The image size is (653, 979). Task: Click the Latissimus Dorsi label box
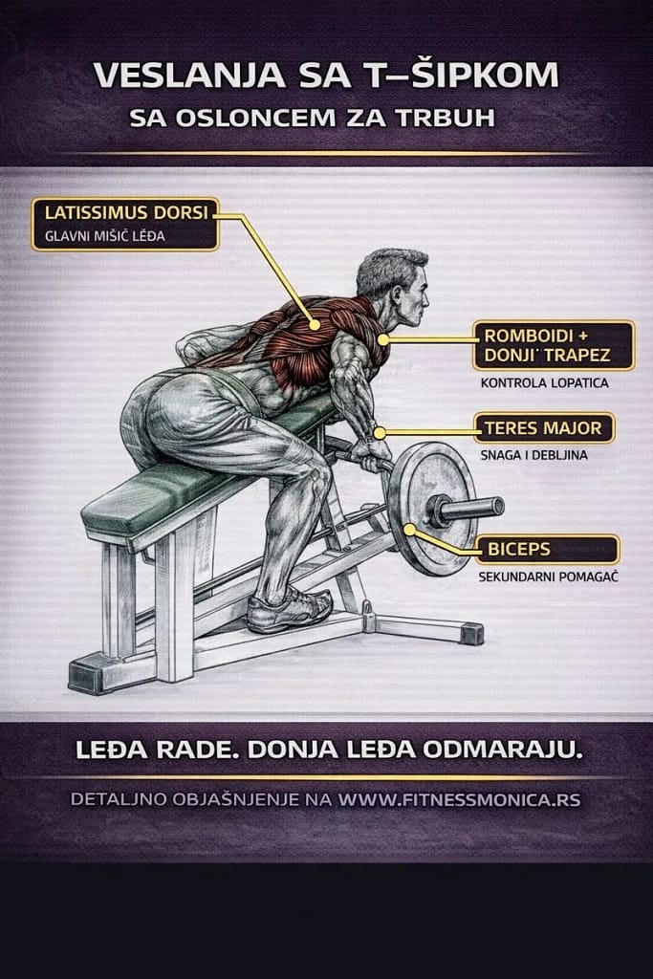click(x=125, y=224)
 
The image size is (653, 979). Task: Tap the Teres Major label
click(x=544, y=428)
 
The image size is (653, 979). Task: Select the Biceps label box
click(x=547, y=550)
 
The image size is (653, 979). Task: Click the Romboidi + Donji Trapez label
click(x=554, y=345)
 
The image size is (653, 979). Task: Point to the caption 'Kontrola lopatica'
click(x=544, y=382)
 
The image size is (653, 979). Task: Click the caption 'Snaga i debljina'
click(x=533, y=455)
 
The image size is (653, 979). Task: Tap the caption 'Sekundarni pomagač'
click(x=548, y=577)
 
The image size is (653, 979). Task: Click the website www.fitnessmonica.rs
click(x=460, y=800)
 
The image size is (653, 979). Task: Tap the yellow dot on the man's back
click(x=315, y=325)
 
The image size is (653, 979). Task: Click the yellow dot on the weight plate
click(x=409, y=530)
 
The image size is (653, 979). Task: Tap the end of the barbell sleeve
click(x=497, y=507)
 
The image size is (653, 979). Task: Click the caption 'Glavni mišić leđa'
click(x=105, y=237)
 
